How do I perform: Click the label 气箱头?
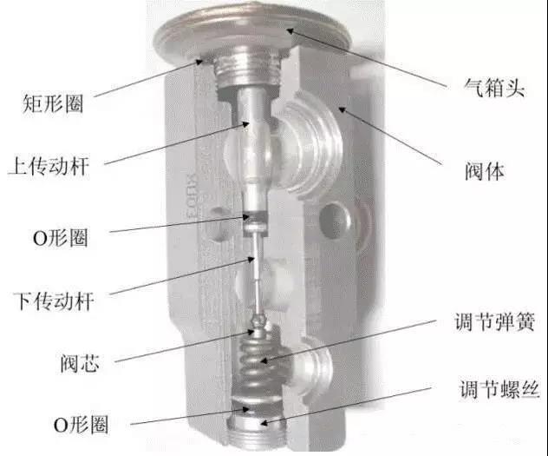pyautogui.click(x=494, y=87)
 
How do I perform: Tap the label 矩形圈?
pyautogui.click(x=53, y=103)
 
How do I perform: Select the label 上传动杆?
pyautogui.click(x=49, y=166)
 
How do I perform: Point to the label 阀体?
pyautogui.click(x=485, y=171)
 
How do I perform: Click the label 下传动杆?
pyautogui.click(x=54, y=301)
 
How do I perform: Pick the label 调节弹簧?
pyautogui.click(x=495, y=321)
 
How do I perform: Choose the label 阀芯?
pyautogui.click(x=80, y=363)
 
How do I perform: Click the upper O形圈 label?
pyautogui.click(x=60, y=238)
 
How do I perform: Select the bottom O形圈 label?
pyautogui.click(x=81, y=425)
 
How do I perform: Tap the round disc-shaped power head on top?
pyautogui.click(x=251, y=33)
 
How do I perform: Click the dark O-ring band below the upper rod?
pyautogui.click(x=255, y=216)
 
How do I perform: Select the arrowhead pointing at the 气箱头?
pyautogui.click(x=290, y=30)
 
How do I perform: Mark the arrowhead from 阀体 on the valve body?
pyautogui.click(x=342, y=109)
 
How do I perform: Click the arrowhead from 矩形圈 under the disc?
pyautogui.click(x=199, y=62)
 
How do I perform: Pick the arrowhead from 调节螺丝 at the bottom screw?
pyautogui.click(x=264, y=424)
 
